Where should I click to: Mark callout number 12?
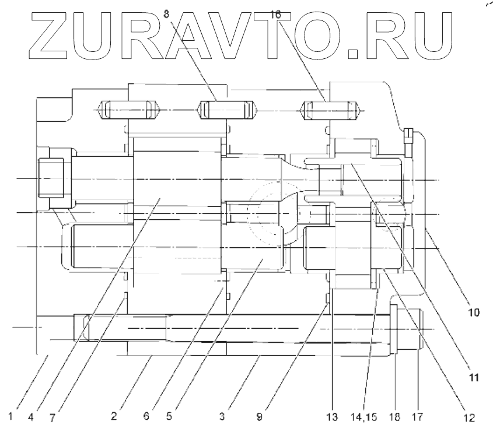[x=468, y=417]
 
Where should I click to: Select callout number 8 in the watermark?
[x=168, y=11]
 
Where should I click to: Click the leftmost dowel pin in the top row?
[x=129, y=109]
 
